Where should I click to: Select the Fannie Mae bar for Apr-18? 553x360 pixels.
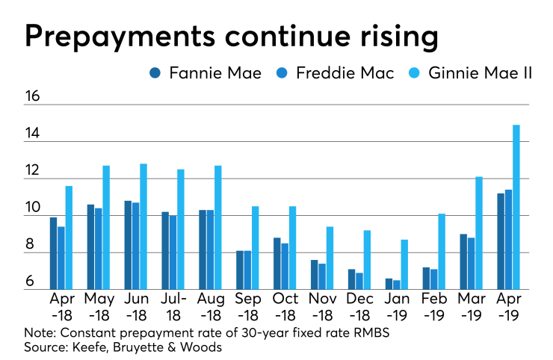pyautogui.click(x=54, y=253)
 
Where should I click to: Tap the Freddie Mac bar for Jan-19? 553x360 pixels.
pyautogui.click(x=397, y=285)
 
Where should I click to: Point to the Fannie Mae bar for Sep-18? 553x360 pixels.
pyautogui.click(x=240, y=270)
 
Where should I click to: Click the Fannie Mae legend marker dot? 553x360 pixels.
pyautogui.click(x=155, y=73)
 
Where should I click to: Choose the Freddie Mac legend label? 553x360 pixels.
pyautogui.click(x=342, y=73)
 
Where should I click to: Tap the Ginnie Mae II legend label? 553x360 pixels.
pyautogui.click(x=481, y=73)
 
